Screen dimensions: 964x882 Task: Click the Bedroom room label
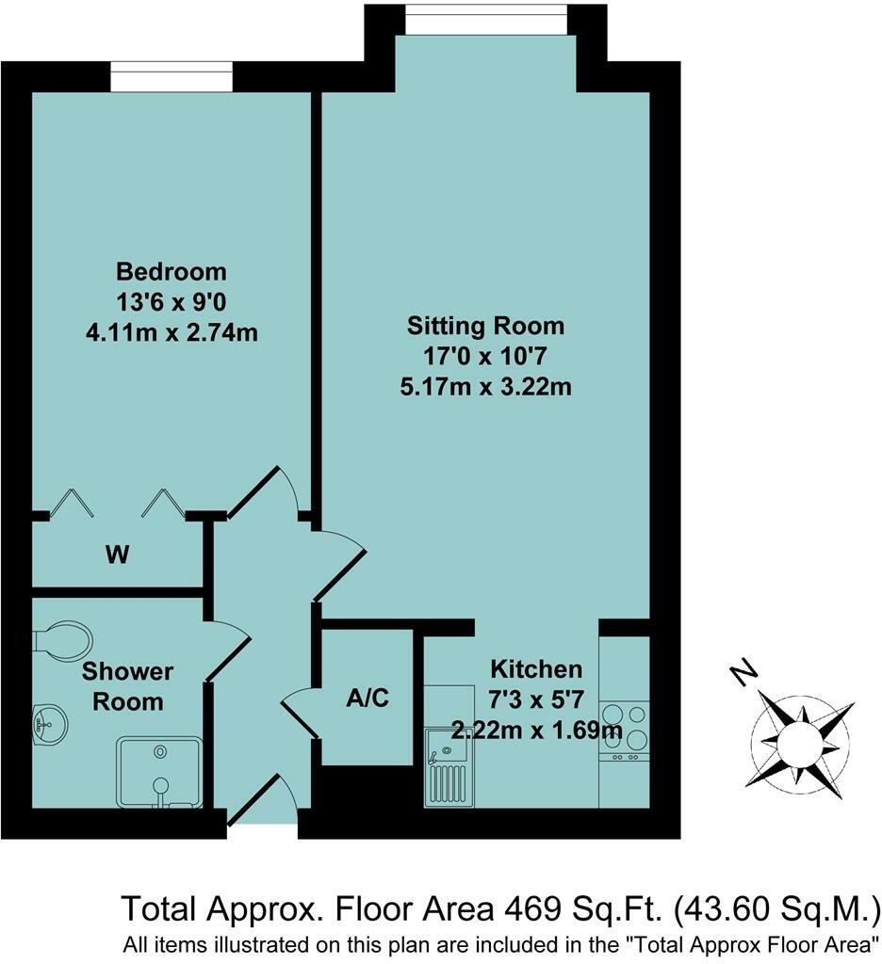coord(171,272)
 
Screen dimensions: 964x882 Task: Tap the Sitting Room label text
coord(485,326)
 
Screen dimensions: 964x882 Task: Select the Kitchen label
coord(535,669)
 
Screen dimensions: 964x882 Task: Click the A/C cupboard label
coord(367,699)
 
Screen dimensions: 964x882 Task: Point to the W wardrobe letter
coord(116,555)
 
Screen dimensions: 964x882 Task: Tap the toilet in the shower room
coord(60,639)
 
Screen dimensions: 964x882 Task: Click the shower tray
coord(159,772)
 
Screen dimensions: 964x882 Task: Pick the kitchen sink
coord(447,766)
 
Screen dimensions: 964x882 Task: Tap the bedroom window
coord(171,77)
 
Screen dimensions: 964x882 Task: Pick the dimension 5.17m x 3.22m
coord(485,386)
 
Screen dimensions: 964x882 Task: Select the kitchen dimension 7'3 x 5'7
coord(535,699)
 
